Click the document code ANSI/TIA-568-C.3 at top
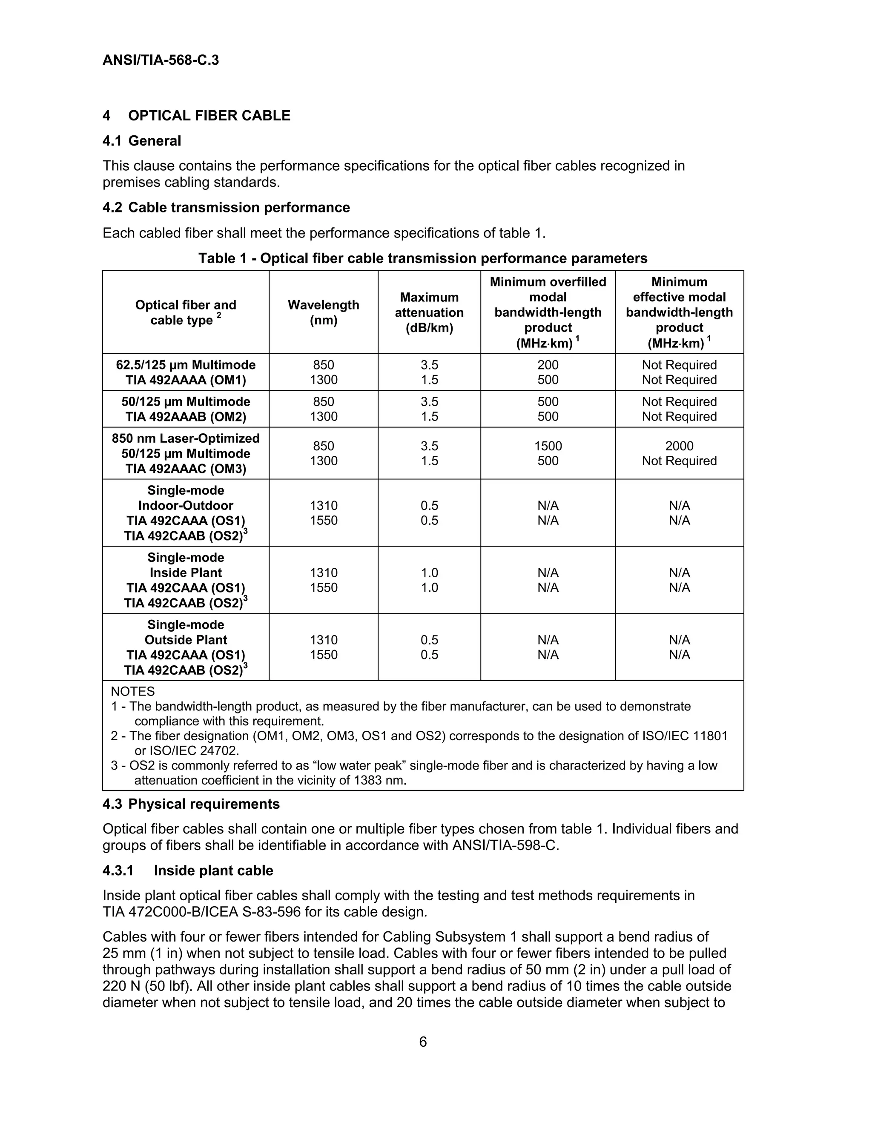tap(161, 60)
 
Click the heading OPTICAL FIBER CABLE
tap(209, 116)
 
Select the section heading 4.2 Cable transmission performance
tap(226, 208)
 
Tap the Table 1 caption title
tap(422, 258)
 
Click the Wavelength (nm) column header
tap(324, 312)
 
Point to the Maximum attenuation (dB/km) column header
tap(429, 312)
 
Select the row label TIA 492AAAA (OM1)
tap(186, 380)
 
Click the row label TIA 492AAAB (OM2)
tap(186, 417)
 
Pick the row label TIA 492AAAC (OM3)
tap(186, 469)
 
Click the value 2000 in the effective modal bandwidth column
tap(679, 446)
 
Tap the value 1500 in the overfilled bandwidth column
tap(548, 446)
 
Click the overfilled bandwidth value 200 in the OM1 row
tap(548, 365)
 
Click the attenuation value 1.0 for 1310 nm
tap(429, 573)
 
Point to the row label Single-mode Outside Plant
tap(186, 632)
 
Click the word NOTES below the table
tap(133, 692)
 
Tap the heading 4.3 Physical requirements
tap(191, 804)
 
